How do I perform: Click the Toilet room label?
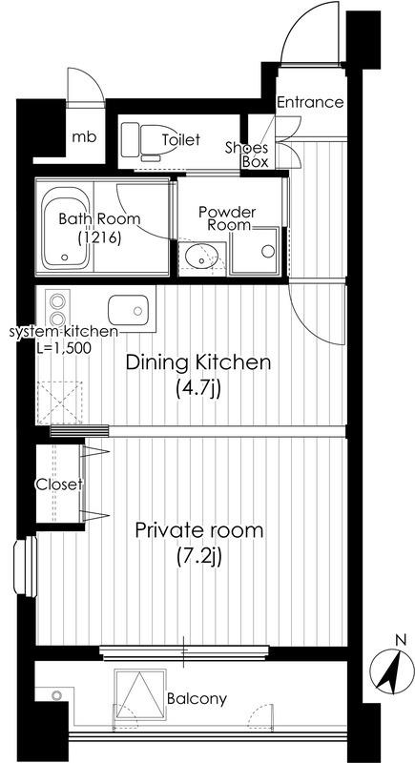(181, 139)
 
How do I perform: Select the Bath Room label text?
(99, 218)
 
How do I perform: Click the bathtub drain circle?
(64, 258)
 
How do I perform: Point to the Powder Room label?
(227, 219)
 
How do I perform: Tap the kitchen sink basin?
(128, 309)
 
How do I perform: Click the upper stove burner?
(57, 300)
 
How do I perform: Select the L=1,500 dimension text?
(63, 348)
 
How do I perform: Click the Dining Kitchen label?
(197, 362)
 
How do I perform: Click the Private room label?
(199, 530)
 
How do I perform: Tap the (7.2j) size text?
(199, 557)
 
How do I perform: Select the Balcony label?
(197, 699)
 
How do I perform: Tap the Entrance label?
(310, 102)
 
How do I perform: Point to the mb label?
(84, 136)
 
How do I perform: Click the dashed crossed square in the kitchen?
(59, 402)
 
